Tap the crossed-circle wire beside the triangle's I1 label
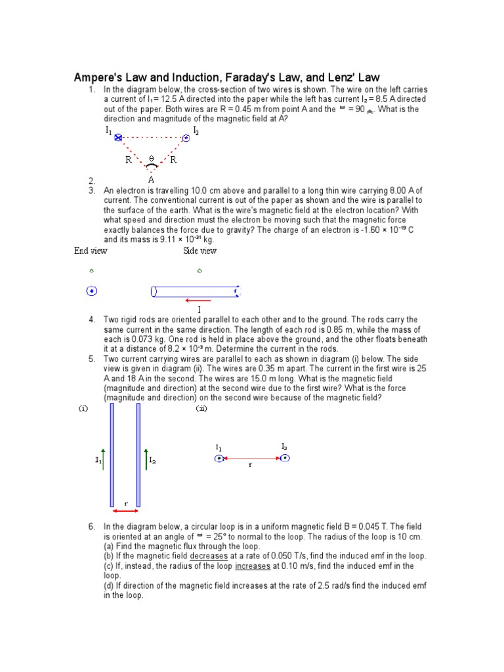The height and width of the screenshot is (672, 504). tap(119, 138)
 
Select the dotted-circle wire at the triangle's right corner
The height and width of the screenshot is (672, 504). tap(186, 138)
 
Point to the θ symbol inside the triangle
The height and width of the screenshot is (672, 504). tap(152, 159)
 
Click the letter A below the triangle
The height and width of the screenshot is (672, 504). tap(152, 179)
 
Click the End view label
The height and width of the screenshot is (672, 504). tap(91, 251)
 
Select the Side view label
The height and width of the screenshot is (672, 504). tap(199, 251)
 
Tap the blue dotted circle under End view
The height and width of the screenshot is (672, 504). tap(92, 291)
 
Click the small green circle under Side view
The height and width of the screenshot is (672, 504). tap(199, 270)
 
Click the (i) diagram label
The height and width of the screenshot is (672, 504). tap(84, 408)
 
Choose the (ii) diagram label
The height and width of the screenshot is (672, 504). tap(201, 408)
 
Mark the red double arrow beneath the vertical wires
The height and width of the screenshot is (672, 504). tap(125, 511)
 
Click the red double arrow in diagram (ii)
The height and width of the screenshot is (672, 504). tap(251, 458)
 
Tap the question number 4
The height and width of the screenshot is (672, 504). tap(92, 320)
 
